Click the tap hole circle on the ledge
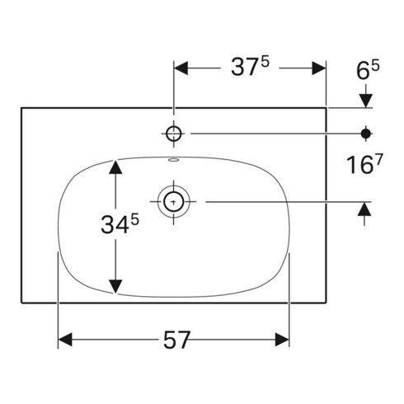(174, 133)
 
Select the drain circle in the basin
(174, 200)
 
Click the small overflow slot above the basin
(174, 160)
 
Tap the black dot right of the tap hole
(365, 133)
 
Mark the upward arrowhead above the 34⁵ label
(116, 168)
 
